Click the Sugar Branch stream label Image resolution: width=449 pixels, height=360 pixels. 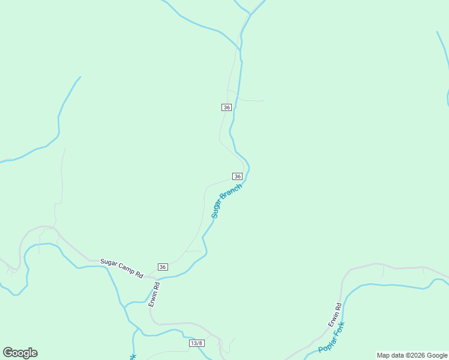[x=227, y=201]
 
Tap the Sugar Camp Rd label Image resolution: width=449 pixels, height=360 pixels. [x=122, y=268]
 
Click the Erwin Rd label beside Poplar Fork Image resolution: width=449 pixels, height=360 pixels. [x=334, y=315]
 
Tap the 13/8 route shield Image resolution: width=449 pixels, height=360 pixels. [x=197, y=343]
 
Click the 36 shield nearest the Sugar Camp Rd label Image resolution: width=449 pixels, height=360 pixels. [x=163, y=266]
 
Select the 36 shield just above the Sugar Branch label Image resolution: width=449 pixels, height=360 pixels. [x=237, y=176]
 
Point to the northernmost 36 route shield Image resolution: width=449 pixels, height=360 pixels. [x=226, y=107]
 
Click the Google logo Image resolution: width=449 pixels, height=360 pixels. [x=20, y=353]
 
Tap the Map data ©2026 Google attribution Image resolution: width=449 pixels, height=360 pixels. [x=412, y=355]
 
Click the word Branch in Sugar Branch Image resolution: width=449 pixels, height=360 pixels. [x=232, y=195]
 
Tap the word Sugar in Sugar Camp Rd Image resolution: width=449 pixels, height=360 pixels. [x=108, y=262]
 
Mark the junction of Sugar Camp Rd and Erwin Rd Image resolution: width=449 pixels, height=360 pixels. [x=154, y=277]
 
